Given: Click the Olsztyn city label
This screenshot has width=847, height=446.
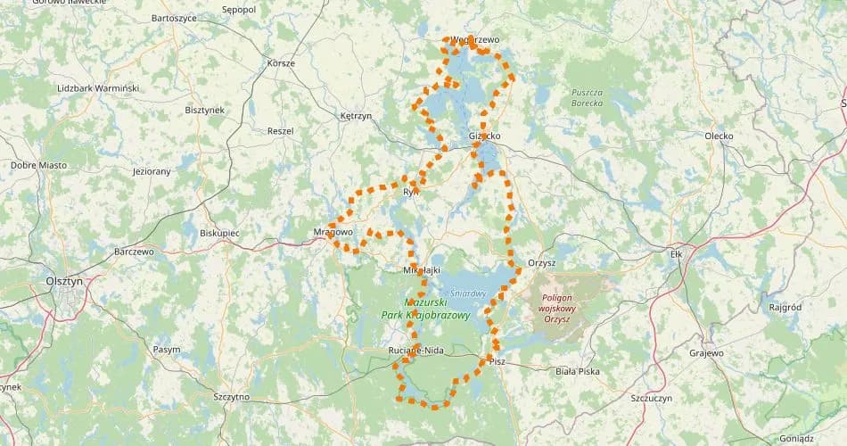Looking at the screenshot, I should pos(63,280).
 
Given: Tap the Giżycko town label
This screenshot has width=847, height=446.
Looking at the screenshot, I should pos(484,136).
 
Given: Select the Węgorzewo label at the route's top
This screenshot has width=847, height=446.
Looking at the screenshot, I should pos(474,40).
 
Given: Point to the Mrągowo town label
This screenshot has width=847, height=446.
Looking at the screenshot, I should pos(333,232).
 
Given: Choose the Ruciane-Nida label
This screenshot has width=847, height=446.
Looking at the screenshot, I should pos(416,351).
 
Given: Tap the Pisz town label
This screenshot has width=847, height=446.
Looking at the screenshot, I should pos(497,361).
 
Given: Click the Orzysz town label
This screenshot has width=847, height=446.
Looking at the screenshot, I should pos(541,263).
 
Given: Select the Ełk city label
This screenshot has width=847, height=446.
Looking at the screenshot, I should pos(675,254).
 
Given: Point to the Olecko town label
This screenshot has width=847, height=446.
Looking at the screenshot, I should pos(718,136).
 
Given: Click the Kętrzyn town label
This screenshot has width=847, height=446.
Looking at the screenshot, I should pos(356,116).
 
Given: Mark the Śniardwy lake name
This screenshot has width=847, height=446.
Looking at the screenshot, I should pos(467,292).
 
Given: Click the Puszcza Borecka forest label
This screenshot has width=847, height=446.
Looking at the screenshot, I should pos(587,97).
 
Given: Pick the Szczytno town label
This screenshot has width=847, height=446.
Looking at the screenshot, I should pos(232,396).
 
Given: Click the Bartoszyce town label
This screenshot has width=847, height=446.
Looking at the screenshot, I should pos(174,18).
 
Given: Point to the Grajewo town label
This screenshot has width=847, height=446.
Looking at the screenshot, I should pos(707,353).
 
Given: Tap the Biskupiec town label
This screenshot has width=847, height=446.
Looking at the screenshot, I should pos(219,232).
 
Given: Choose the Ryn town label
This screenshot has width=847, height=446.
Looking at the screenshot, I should pos(410,192).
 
